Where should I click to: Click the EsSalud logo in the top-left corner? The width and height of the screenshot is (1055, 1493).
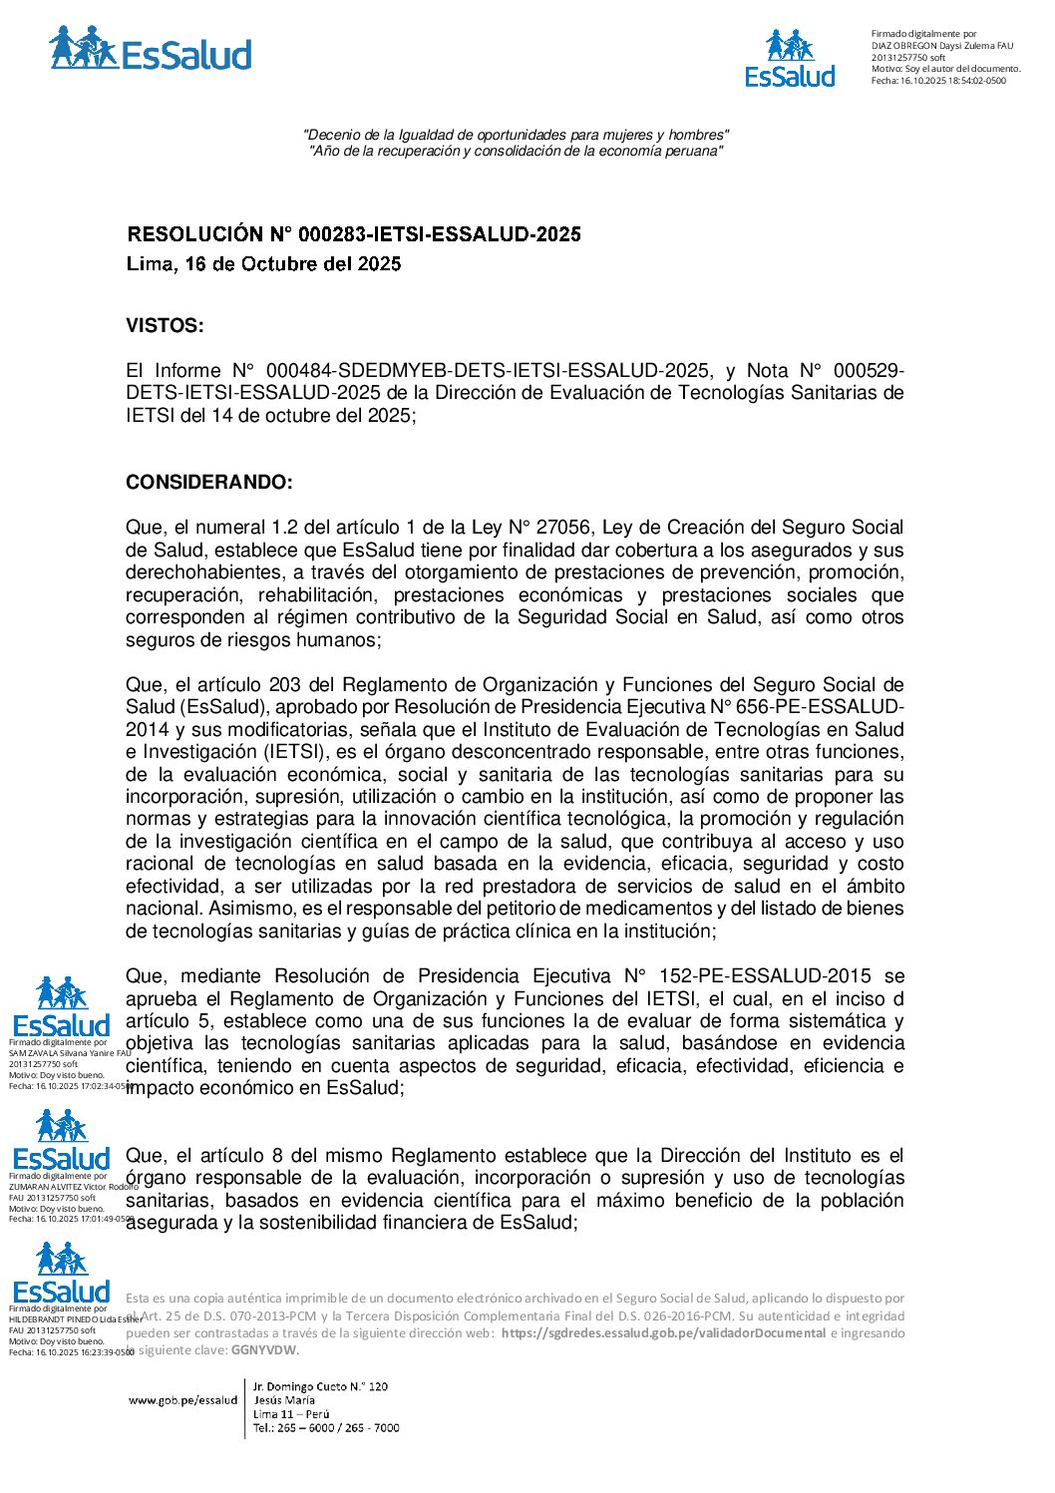[x=151, y=49]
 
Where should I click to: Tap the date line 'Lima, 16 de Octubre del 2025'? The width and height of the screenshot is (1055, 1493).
[x=263, y=264]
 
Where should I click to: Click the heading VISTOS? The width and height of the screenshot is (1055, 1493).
[x=165, y=326]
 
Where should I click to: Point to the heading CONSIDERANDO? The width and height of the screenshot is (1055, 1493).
[x=209, y=483]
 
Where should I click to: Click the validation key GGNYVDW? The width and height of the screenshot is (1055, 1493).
[x=263, y=1350]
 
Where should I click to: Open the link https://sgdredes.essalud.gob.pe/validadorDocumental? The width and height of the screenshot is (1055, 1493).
[x=663, y=1333]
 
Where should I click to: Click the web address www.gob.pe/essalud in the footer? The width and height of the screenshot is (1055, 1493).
[x=183, y=1400]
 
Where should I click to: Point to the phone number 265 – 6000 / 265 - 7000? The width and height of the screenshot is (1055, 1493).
[x=326, y=1428]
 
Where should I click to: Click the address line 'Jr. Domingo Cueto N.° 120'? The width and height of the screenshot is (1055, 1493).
[x=320, y=1386]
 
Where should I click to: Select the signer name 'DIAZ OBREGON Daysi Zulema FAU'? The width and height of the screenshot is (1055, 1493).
[x=941, y=46]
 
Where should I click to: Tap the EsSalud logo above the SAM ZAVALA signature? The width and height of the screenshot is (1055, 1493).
[x=62, y=1006]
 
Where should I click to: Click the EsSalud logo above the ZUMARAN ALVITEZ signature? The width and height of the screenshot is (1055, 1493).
[x=62, y=1140]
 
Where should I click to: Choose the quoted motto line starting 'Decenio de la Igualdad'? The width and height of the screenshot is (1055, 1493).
[x=516, y=135]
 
